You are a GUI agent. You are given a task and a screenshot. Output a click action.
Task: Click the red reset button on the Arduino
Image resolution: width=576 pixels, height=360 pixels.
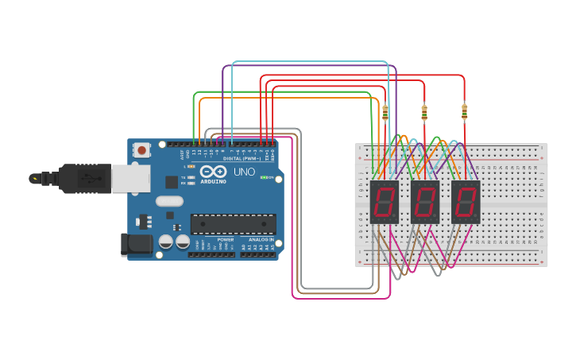[x=142, y=149]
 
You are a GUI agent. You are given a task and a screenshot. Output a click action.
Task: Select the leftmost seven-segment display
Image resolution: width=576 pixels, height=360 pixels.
[x=384, y=202]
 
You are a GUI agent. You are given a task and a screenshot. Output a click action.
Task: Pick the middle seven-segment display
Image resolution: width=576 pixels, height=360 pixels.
[x=424, y=202]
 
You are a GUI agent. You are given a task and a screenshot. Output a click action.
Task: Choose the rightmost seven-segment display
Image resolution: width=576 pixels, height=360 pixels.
[x=466, y=202]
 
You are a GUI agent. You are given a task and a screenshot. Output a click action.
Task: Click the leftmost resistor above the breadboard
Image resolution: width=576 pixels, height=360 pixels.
[x=385, y=113]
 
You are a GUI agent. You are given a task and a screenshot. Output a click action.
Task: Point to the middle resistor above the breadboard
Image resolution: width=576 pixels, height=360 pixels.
[x=424, y=113]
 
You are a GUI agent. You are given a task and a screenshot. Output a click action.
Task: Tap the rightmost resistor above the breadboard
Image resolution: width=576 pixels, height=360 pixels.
[x=464, y=113]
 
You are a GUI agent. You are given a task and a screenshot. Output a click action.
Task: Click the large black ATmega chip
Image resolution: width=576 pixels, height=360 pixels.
[x=234, y=224]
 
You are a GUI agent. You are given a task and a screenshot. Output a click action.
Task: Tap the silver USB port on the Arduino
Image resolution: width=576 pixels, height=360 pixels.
[x=130, y=179]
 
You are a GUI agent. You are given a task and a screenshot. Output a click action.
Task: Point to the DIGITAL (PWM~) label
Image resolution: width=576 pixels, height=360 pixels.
[x=243, y=158]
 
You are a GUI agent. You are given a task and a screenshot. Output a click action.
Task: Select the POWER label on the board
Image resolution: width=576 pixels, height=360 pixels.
[x=226, y=238]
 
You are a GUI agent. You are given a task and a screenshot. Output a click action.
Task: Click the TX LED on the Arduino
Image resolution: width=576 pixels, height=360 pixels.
[x=191, y=177]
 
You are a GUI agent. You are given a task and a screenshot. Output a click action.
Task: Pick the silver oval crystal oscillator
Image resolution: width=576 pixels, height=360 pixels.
[x=169, y=201]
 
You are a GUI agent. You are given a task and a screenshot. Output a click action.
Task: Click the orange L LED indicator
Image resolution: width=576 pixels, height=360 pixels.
[x=191, y=165]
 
